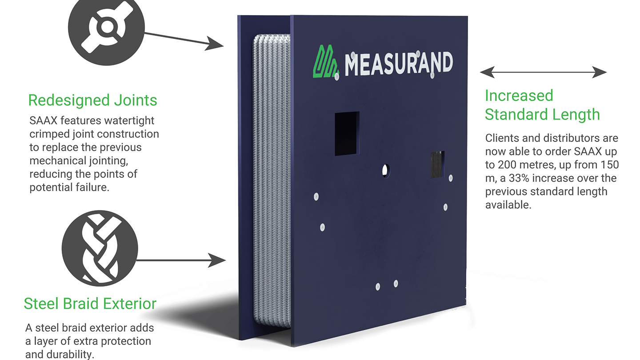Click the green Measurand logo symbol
[326, 61]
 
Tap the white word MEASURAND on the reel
[399, 64]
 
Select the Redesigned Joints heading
[92, 100]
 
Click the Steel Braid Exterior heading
[90, 304]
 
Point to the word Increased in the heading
[519, 96]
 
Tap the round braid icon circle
[100, 248]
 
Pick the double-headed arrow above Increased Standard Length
[543, 72]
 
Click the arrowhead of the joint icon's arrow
[214, 44]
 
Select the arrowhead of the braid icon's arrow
[217, 260]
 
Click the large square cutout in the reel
[347, 133]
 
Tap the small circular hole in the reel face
[385, 171]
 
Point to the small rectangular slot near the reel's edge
[437, 164]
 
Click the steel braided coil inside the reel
[272, 180]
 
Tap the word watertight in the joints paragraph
[129, 121]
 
